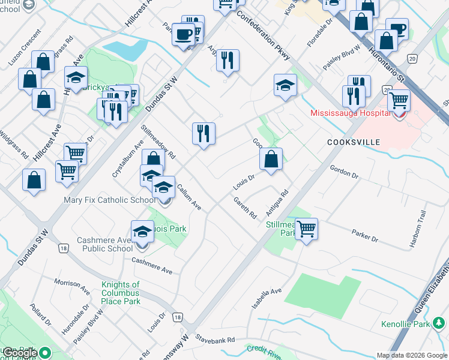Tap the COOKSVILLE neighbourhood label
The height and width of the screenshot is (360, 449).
point(354,142)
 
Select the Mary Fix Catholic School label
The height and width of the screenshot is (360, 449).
point(109,200)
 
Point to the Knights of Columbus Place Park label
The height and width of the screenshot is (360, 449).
point(120,293)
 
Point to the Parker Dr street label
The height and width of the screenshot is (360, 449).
point(365,236)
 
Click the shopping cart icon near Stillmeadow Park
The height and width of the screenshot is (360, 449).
point(306,228)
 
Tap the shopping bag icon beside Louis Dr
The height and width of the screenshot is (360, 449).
point(271,159)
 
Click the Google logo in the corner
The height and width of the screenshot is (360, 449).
point(20,353)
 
